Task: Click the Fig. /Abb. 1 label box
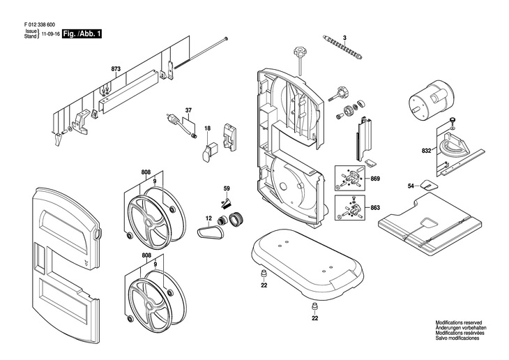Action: pyautogui.click(x=81, y=33)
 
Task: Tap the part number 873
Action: pyautogui.click(x=116, y=68)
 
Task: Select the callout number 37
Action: pyautogui.click(x=188, y=110)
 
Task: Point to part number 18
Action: pyautogui.click(x=207, y=128)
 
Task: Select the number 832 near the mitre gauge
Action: pyautogui.click(x=425, y=151)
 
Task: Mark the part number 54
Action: pyautogui.click(x=411, y=186)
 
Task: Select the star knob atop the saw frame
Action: pyautogui.click(x=301, y=52)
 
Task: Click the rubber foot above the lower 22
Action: pyautogui.click(x=314, y=307)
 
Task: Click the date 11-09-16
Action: pyautogui.click(x=50, y=33)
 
